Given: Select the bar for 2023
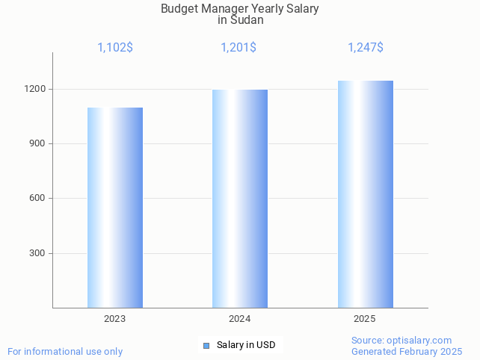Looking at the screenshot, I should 115,208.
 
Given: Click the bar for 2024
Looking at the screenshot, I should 240,199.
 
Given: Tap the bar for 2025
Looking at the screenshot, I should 365,194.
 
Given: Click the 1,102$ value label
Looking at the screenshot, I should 115,48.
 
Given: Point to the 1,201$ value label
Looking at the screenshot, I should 239,48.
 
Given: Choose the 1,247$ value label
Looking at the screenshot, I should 366,48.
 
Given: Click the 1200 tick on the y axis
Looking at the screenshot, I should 37,89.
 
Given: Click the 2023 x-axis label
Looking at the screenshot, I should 115,319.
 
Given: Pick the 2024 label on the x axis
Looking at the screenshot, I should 240,319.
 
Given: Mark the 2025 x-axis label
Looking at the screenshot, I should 365,319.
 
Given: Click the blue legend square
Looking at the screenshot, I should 206,345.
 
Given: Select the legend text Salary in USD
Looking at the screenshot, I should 246,345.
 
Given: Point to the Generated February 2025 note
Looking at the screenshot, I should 407,351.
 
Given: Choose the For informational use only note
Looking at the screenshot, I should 65,351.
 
